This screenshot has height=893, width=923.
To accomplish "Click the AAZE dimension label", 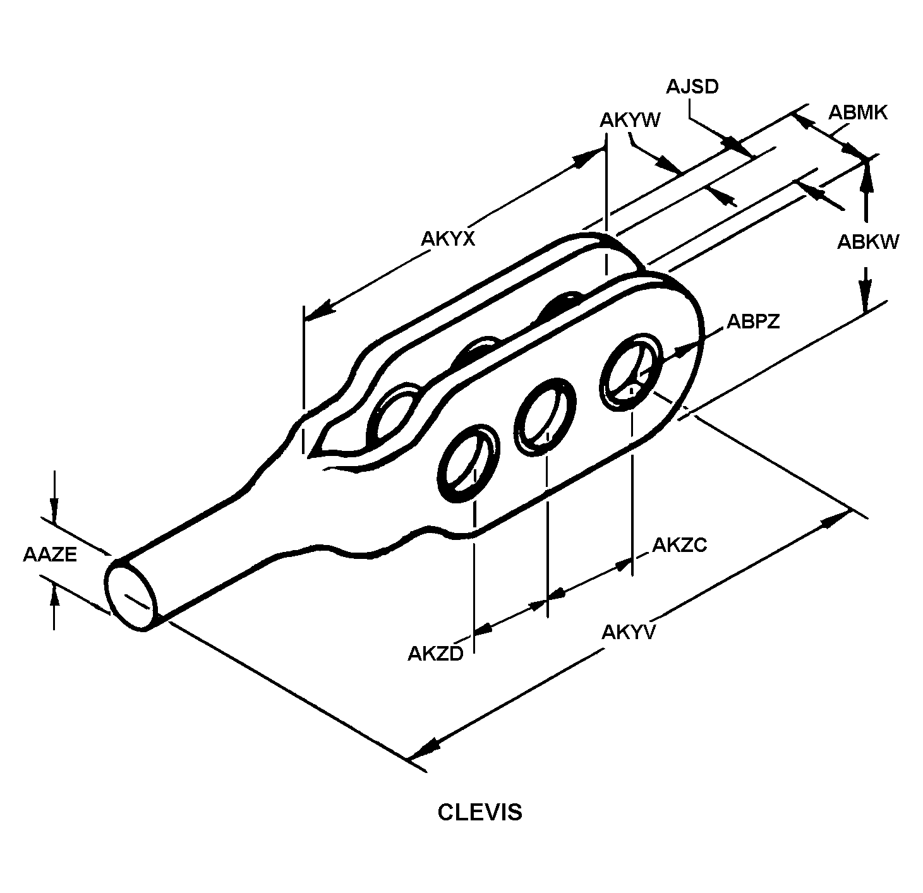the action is (50, 554).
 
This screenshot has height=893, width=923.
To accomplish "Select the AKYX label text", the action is (448, 239).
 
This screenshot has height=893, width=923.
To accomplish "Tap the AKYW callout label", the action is (630, 121).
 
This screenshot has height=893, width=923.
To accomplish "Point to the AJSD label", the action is (692, 87).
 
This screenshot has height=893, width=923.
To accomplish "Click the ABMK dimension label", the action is (858, 113).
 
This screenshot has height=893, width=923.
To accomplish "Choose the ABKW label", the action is (868, 243).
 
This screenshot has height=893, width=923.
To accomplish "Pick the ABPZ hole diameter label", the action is (754, 321).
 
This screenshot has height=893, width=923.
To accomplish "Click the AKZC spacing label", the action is (680, 546).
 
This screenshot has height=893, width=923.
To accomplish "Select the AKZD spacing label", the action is (435, 654).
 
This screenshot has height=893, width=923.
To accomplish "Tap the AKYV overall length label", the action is (629, 632).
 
